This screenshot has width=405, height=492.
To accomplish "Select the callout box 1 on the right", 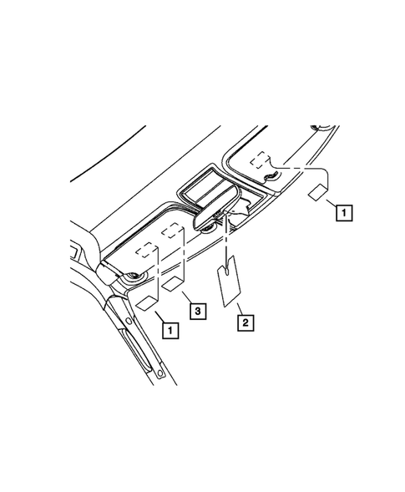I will [343, 212].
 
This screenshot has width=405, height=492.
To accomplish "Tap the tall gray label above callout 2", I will [229, 284].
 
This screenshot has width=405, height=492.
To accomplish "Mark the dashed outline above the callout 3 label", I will [173, 230].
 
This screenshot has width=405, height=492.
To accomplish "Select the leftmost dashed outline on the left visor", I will [146, 249].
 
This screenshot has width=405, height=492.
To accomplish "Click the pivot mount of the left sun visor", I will [131, 277].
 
